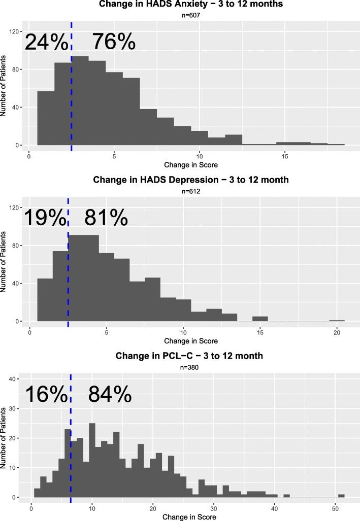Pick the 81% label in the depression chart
106,218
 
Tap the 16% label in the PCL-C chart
46,395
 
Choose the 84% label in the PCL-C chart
110,395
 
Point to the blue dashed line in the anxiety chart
72,101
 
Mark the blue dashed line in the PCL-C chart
71,457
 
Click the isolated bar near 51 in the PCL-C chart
341,496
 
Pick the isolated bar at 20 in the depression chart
337,321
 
